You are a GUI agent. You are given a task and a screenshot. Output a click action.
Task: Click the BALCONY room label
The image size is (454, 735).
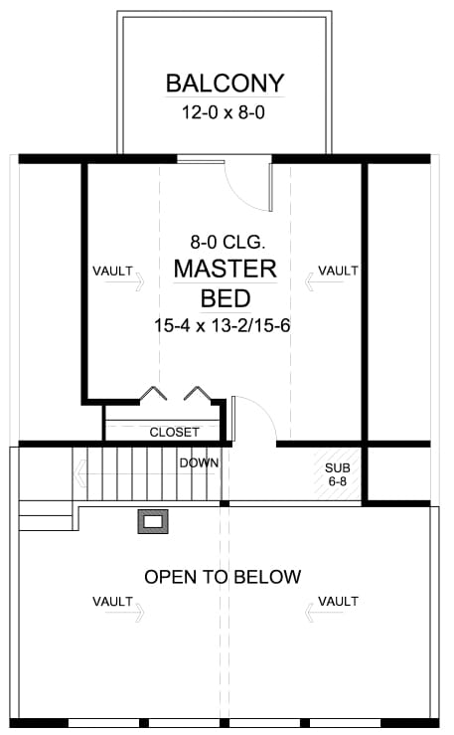pos(225,82)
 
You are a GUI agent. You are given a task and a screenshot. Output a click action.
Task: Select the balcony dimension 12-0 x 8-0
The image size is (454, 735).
pos(225,112)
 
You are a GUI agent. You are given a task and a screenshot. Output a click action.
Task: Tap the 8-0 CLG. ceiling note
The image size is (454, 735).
pos(225,241)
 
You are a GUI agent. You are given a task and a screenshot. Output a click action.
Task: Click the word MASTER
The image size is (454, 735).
pos(225,269)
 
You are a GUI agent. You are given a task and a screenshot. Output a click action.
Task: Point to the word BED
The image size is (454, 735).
pos(225,297)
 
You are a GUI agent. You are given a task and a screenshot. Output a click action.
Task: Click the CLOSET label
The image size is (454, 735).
pos(174,432)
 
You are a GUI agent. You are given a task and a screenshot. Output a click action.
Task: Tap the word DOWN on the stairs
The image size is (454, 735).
pos(199,462)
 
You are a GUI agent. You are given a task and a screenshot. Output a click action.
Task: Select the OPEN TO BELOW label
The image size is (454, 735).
pos(223,577)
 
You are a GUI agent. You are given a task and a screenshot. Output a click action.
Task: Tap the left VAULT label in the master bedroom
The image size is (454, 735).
pos(112,271)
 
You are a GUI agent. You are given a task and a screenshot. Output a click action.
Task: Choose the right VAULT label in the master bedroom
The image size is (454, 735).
pos(338,271)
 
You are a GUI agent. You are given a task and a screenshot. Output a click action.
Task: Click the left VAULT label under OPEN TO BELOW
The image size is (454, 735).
pos(112,601)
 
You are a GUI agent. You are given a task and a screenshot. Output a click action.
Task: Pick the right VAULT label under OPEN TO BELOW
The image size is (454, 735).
pos(338,601)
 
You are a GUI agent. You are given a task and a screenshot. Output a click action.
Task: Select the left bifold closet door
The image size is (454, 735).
pos(151,395)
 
